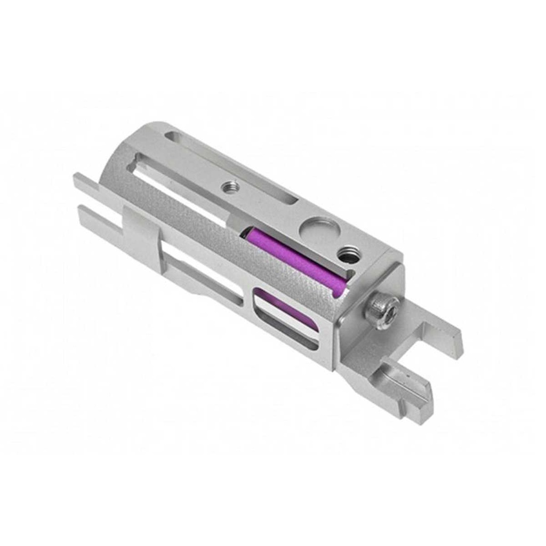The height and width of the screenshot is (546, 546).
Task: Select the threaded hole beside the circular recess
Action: [349, 254]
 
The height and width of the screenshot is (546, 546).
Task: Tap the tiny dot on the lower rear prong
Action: [408, 375]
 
